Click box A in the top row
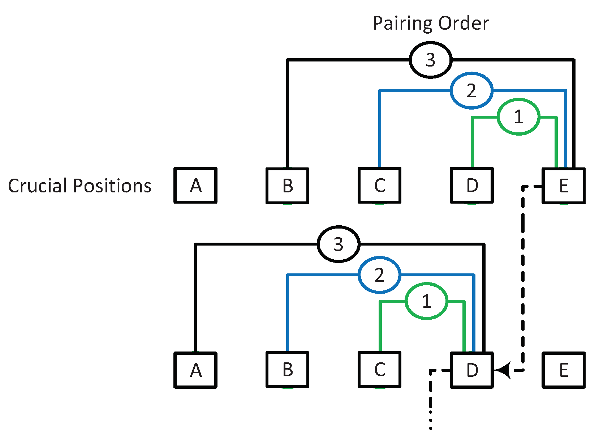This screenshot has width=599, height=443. point(195,186)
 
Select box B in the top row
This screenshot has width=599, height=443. point(288,186)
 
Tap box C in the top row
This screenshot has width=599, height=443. point(380,186)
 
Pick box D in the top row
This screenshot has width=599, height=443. point(472,186)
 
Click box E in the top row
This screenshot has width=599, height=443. point(564,186)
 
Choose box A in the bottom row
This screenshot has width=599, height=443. point(195,370)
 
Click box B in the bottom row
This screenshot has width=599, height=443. point(288,370)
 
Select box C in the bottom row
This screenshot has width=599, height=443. point(380,370)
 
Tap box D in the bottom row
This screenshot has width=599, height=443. point(472,370)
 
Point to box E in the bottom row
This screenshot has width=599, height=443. point(564,370)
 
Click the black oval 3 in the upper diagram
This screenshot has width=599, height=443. point(431,60)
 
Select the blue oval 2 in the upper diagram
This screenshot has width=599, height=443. point(471,90)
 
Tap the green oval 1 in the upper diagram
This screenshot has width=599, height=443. point(518,117)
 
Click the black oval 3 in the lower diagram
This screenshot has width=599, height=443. point(339,244)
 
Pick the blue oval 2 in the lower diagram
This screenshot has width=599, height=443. point(379,275)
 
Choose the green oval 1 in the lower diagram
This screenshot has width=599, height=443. point(427,301)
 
